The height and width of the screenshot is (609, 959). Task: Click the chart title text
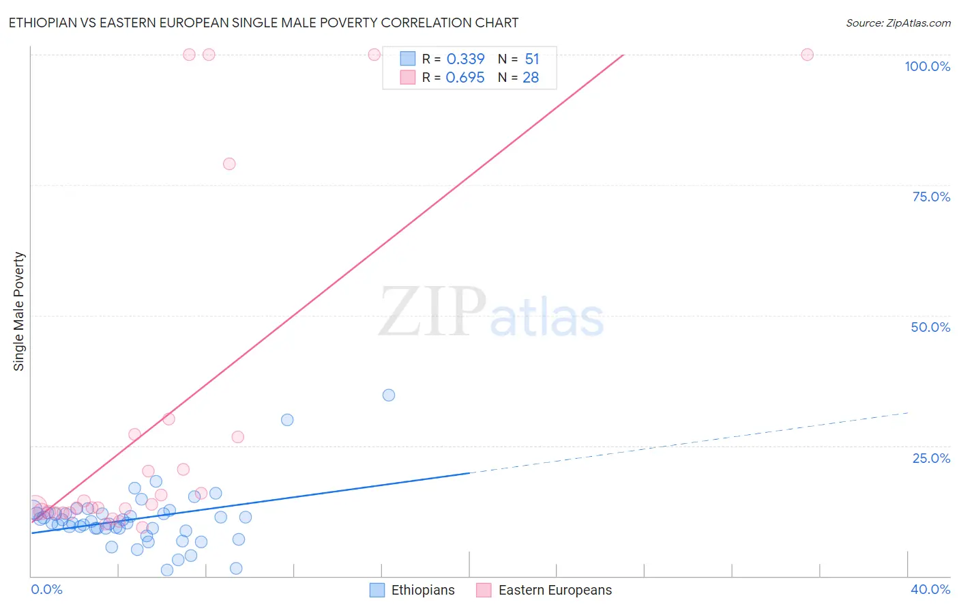click(263, 23)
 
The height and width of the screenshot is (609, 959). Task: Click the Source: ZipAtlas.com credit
click(898, 23)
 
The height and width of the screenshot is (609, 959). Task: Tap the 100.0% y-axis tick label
click(927, 66)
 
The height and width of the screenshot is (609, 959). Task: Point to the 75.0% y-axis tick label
click(931, 197)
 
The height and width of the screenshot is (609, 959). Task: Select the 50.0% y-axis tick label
click(930, 327)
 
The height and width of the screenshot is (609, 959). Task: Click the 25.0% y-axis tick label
click(931, 457)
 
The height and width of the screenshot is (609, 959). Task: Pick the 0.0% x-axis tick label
click(46, 589)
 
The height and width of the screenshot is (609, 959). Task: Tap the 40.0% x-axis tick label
click(930, 589)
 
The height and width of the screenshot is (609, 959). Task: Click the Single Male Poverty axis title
click(19, 311)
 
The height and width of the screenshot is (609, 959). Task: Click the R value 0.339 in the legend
click(465, 59)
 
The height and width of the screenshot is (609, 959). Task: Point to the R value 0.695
click(465, 78)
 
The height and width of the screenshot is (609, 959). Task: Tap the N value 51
click(532, 59)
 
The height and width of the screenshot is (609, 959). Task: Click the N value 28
click(531, 78)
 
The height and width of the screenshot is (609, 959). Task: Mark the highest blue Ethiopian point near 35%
click(389, 395)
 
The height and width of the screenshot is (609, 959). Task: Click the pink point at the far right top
click(807, 55)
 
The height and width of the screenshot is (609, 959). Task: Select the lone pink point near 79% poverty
click(229, 164)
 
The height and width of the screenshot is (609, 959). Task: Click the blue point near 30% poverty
click(287, 420)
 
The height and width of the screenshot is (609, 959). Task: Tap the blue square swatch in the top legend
click(408, 59)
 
